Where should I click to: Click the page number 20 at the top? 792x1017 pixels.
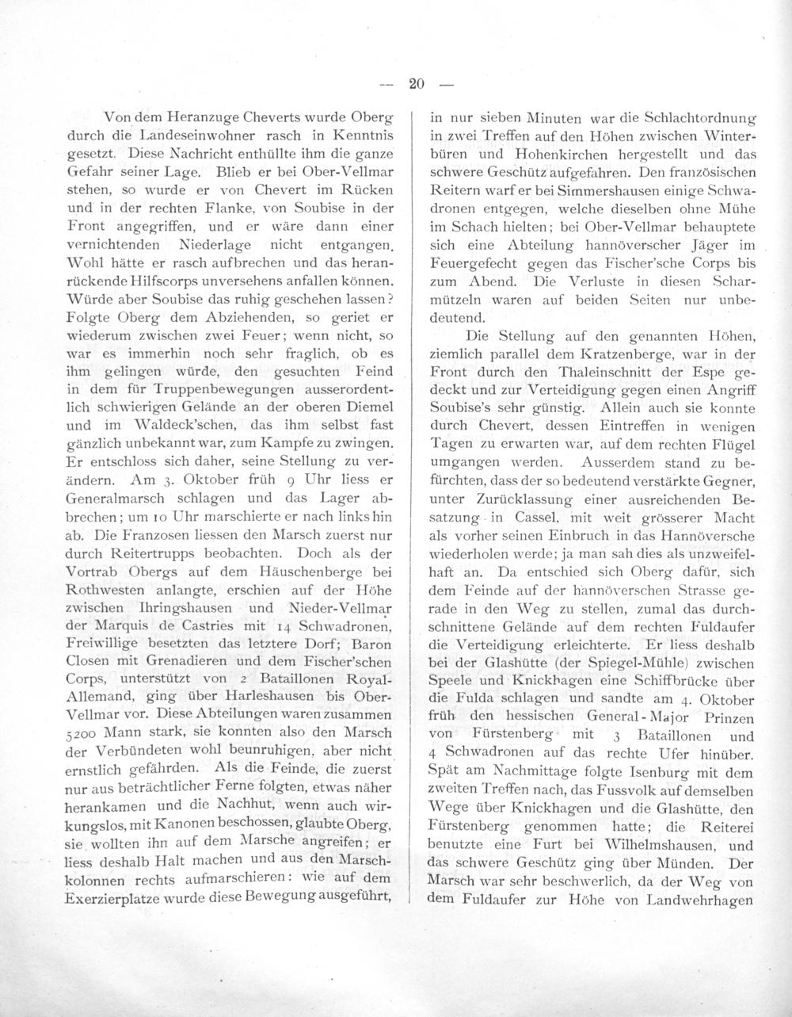418,82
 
